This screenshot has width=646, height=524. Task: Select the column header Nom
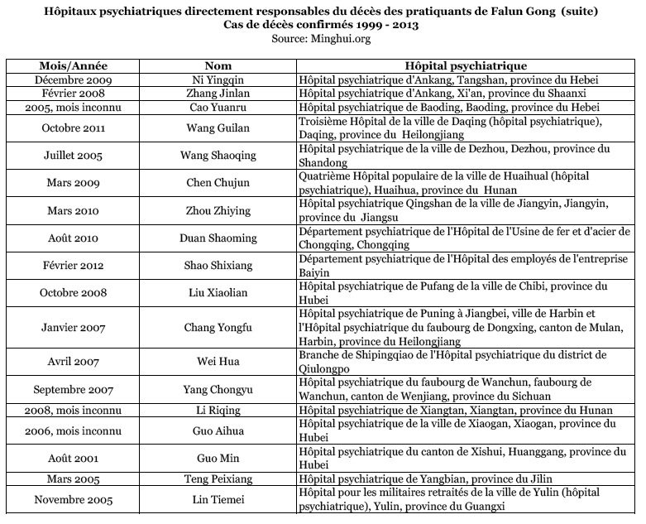coord(214,65)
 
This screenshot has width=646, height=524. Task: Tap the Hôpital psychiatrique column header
coord(466,65)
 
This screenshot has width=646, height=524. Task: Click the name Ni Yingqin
coord(214,80)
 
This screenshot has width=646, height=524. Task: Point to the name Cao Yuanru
coord(214,108)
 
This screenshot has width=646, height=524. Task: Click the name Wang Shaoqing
coord(214,156)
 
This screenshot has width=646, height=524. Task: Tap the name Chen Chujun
coord(214,183)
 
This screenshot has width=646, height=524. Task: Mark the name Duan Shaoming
coord(214,238)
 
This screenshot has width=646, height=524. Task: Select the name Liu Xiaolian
coord(214,292)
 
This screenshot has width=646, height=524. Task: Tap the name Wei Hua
coord(214,362)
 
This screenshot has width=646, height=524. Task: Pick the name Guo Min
coord(214,458)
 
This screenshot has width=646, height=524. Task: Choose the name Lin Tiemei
coord(214,499)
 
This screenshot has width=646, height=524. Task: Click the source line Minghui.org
coord(321,37)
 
